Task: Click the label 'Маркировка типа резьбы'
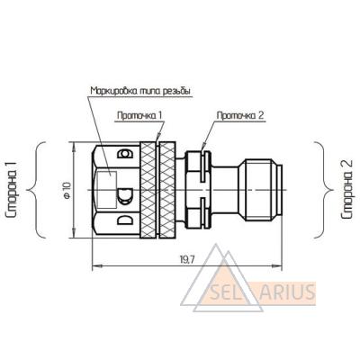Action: click(140, 91)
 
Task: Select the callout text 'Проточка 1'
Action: click(139, 115)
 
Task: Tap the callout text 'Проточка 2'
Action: click(240, 115)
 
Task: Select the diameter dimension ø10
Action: click(67, 190)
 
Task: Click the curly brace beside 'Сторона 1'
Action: click(36, 190)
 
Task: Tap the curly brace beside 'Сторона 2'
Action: click(324, 190)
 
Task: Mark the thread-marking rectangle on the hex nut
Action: click(107, 190)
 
